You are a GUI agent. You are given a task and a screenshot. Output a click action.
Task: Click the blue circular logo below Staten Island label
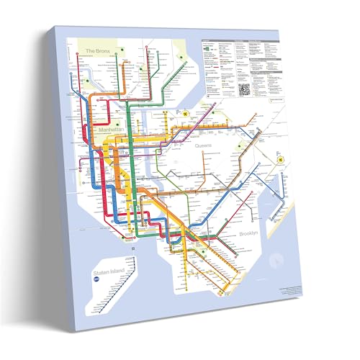[94, 282]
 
